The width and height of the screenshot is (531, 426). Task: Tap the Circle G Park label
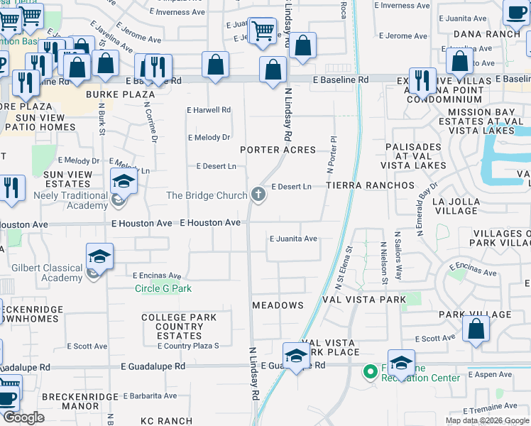tap(164, 289)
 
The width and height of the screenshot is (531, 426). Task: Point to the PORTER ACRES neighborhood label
tap(278, 150)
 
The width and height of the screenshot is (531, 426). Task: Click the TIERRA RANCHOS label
tap(370, 185)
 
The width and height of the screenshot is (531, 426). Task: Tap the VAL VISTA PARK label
tap(364, 300)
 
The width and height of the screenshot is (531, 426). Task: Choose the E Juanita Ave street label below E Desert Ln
tap(293, 239)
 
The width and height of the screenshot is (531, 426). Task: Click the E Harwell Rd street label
tap(209, 110)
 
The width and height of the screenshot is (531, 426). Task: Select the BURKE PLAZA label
tap(120, 94)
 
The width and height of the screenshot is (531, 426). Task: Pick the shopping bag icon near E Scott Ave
tap(476, 329)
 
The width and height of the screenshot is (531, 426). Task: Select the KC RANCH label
tap(167, 422)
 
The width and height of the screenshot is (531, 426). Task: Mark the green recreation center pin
tap(369, 371)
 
